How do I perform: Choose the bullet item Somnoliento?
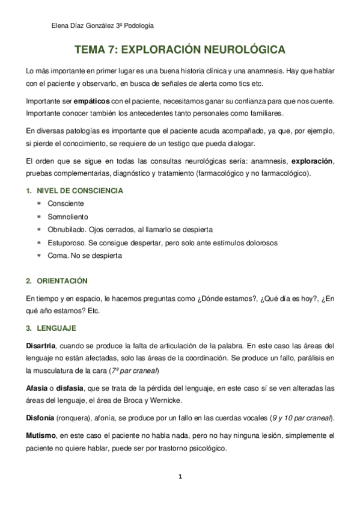(67, 217)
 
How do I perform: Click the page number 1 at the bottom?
(180, 477)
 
